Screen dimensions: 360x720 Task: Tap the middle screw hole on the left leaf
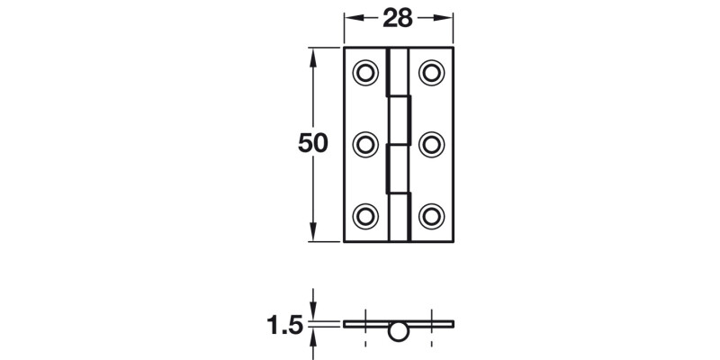coord(366,143)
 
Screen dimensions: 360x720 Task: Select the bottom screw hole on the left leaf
coord(366,215)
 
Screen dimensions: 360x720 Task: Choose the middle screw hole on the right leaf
coord(432,143)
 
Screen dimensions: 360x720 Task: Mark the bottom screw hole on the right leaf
coord(432,215)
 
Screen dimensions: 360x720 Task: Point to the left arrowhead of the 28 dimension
coord(351,17)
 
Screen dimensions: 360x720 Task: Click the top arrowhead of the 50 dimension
coord(312,54)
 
